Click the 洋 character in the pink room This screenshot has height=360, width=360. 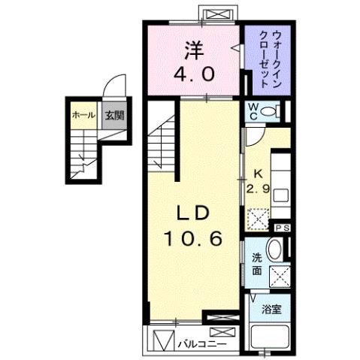[x=194, y=50]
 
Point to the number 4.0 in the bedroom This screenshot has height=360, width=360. [x=194, y=74]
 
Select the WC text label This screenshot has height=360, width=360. [x=255, y=112]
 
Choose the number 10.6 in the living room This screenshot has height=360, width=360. [x=193, y=240]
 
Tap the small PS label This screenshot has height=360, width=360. [x=283, y=228]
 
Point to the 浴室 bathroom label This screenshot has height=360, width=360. [x=271, y=309]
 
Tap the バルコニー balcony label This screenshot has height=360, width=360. [x=200, y=344]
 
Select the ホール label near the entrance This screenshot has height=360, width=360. [x=82, y=115]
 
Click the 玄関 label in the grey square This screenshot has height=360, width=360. [x=113, y=115]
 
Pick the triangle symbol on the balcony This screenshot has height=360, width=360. [x=162, y=341]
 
